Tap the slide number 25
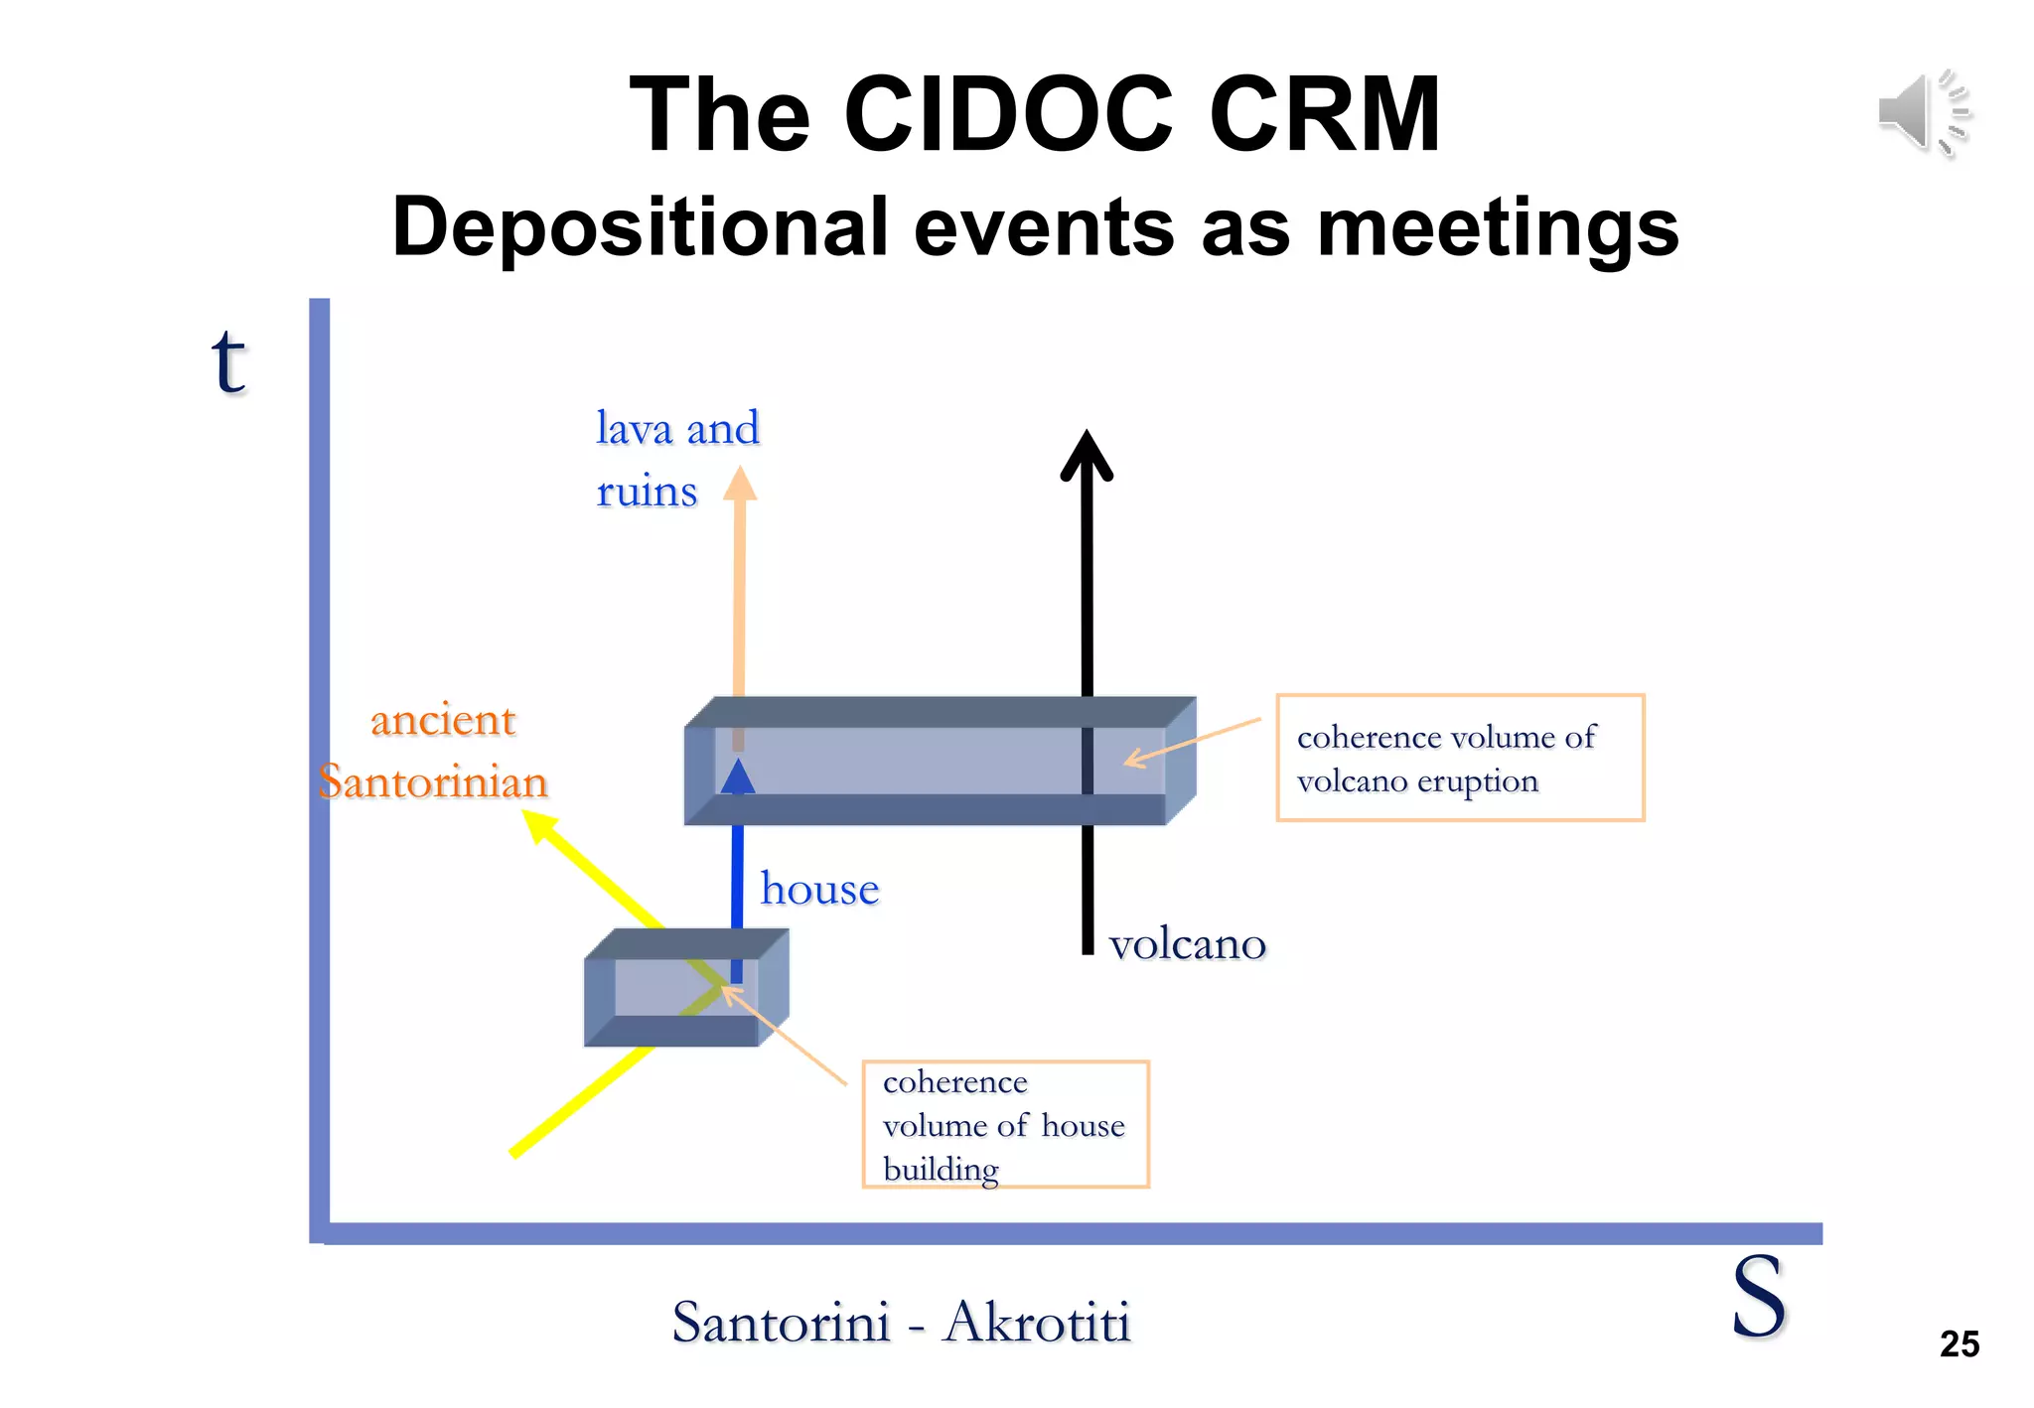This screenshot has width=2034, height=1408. (1959, 1344)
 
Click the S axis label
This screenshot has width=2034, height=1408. (1758, 1297)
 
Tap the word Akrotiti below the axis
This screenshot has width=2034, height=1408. (1037, 1323)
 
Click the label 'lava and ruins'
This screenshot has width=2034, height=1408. (675, 459)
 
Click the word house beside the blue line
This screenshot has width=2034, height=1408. (819, 890)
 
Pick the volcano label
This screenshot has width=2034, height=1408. (1187, 944)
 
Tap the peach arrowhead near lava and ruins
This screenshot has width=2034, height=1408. (739, 485)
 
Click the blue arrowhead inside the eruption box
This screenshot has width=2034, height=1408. (738, 777)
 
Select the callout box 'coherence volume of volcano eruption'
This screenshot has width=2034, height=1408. (1459, 758)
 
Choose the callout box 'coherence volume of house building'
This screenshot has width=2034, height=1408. (1005, 1124)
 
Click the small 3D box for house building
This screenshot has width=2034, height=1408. (685, 987)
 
